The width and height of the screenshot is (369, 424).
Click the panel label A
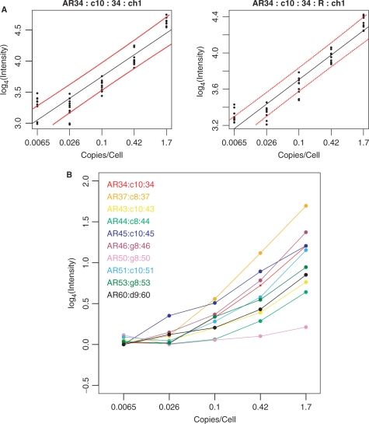(x=5, y=5)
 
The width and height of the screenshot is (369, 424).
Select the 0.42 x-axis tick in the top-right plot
(x=331, y=144)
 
